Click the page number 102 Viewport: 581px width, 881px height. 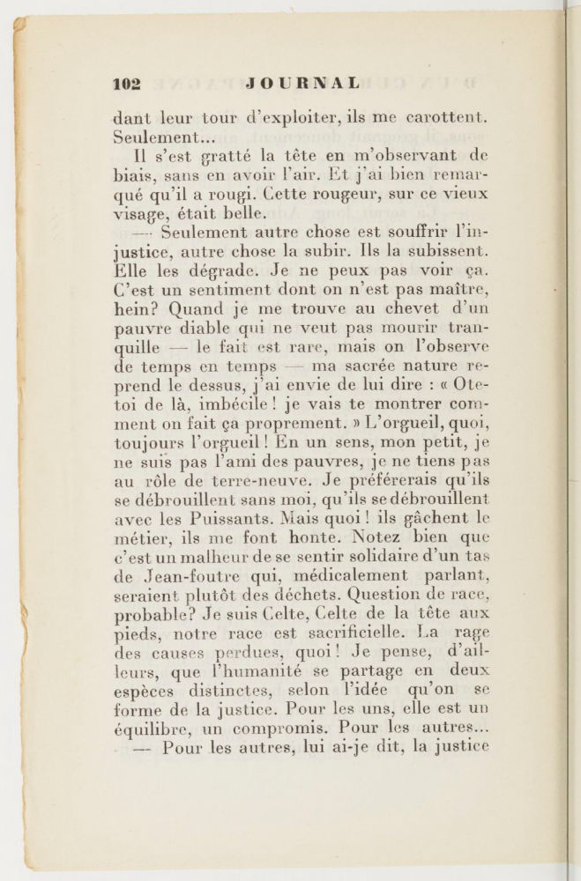127,84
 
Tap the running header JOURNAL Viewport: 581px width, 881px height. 302,84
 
